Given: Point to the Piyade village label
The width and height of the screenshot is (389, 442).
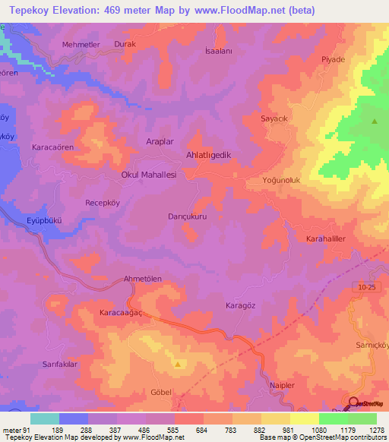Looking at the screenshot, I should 333,59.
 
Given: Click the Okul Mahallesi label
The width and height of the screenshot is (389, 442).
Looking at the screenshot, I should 149,175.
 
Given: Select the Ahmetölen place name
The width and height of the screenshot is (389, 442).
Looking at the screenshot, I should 143,279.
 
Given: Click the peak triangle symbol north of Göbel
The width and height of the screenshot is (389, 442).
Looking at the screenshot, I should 178,365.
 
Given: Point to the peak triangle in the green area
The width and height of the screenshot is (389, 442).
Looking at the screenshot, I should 374,122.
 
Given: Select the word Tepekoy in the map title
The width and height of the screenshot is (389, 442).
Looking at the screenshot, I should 29,10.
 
